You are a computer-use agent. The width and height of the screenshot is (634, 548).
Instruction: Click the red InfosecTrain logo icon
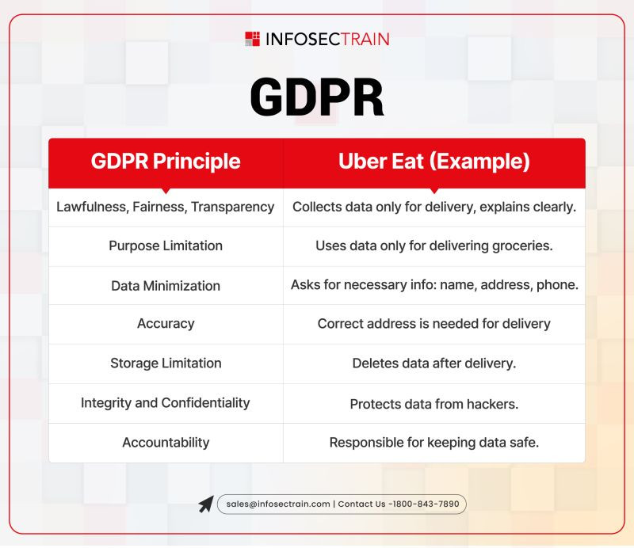click(252, 39)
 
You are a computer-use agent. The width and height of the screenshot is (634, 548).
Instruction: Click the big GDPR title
click(317, 97)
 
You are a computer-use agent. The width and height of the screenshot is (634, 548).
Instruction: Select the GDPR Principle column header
click(166, 162)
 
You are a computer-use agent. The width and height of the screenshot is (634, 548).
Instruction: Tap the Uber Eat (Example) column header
click(434, 162)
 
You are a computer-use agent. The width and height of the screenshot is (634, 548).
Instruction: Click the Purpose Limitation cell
click(166, 245)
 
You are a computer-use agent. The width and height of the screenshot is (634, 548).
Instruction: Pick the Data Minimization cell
click(166, 286)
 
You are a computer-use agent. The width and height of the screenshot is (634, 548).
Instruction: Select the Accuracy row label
click(166, 324)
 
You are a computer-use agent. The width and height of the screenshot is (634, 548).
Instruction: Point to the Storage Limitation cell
click(166, 363)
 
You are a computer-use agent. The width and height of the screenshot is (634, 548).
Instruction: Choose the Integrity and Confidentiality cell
click(166, 403)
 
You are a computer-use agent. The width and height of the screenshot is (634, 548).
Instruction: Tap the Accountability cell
click(166, 443)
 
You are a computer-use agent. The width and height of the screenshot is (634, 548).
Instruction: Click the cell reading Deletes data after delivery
click(434, 363)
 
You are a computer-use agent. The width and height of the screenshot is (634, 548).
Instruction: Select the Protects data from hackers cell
click(434, 404)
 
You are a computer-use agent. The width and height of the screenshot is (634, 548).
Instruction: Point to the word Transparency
click(233, 207)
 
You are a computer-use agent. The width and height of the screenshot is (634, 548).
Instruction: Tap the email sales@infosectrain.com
click(278, 504)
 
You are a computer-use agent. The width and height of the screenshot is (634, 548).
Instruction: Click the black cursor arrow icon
click(206, 504)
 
